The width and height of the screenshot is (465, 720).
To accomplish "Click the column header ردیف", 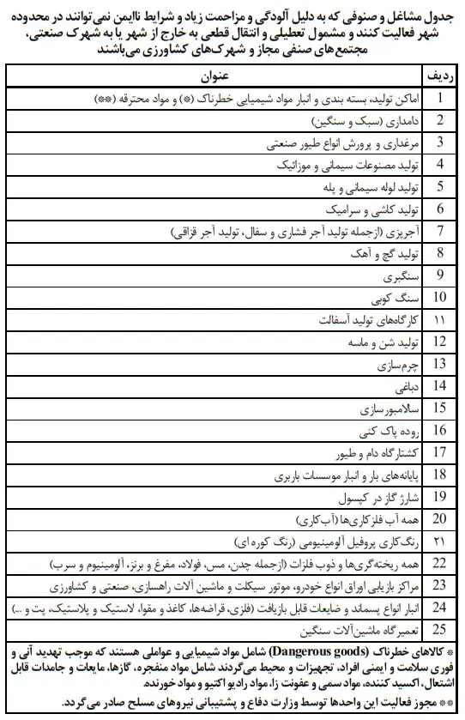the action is tap(438, 76).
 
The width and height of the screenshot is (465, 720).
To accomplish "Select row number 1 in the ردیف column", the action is tap(439, 98).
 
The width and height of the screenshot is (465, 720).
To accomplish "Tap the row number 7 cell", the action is tap(439, 230).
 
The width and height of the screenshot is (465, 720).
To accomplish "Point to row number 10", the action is tap(439, 297).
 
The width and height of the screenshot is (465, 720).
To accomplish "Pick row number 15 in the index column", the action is tap(439, 407).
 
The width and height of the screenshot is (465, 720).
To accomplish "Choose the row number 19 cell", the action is tap(439, 496).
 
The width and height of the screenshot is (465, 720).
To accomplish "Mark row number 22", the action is tap(439, 562).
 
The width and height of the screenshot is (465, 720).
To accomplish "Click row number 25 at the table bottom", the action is tap(439, 629).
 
